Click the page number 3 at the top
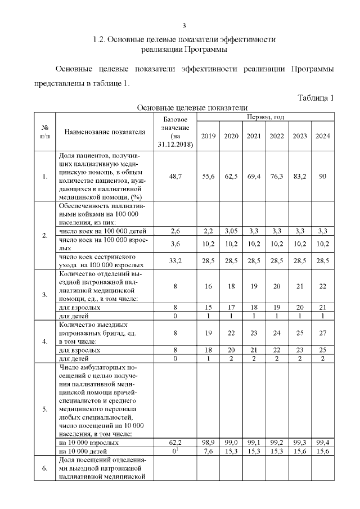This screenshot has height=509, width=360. pyautogui.click(x=184, y=25)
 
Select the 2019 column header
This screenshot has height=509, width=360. pyautogui.click(x=208, y=136)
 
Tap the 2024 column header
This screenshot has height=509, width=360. pyautogui.click(x=322, y=136)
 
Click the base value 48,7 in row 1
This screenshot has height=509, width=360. pyautogui.click(x=175, y=176)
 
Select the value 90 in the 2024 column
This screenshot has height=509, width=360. pyautogui.click(x=322, y=176)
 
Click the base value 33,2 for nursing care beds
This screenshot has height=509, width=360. pyautogui.click(x=175, y=261)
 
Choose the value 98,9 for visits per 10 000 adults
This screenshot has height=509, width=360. pyautogui.click(x=208, y=444)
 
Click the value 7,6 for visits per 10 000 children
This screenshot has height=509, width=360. pyautogui.click(x=208, y=452)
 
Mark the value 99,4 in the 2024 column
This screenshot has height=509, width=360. pyautogui.click(x=322, y=444)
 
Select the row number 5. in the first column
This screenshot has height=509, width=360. pyautogui.click(x=44, y=409)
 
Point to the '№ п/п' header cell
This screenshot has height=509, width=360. pyautogui.click(x=44, y=132)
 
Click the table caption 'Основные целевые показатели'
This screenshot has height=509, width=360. pyautogui.click(x=192, y=107)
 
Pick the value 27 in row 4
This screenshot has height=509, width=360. pyautogui.click(x=322, y=333)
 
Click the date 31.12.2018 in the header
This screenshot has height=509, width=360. pyautogui.click(x=175, y=145)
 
